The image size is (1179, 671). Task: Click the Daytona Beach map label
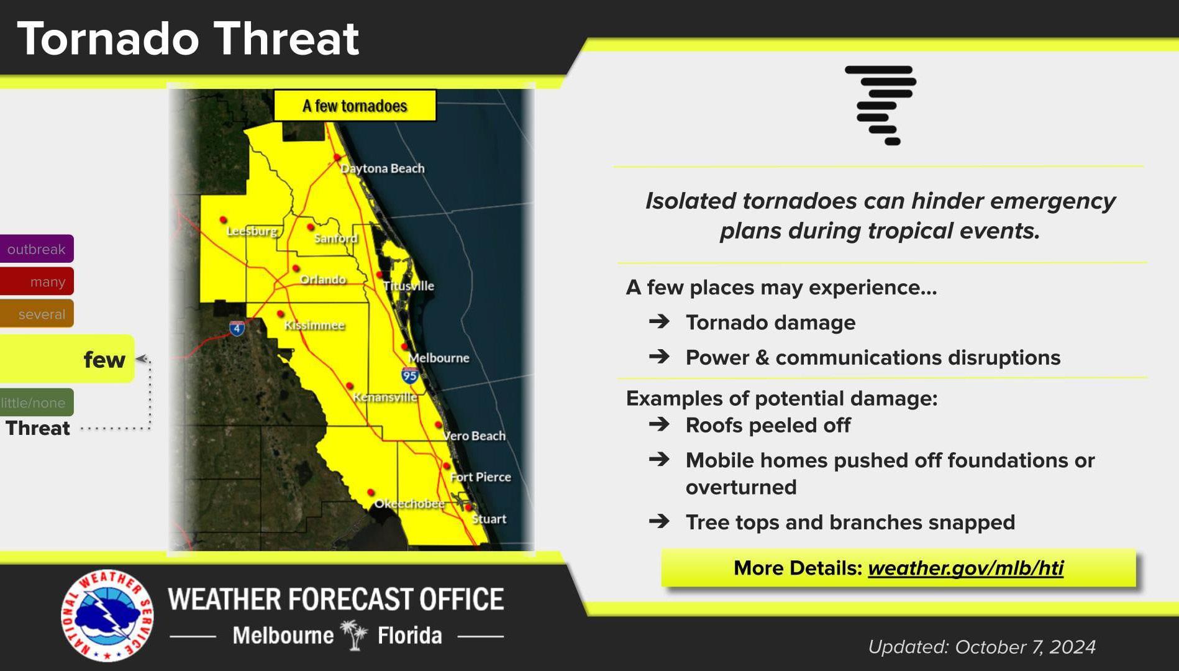[382, 168]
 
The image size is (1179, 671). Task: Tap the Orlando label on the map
[323, 280]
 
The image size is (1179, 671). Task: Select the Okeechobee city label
[409, 503]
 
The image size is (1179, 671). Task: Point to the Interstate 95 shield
[409, 375]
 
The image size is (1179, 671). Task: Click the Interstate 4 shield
[237, 327]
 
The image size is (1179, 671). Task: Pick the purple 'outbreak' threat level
[37, 249]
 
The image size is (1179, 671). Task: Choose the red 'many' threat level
[37, 281]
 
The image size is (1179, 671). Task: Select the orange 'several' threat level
[37, 314]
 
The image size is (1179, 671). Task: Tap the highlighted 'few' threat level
[67, 359]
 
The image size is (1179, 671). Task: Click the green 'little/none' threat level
[37, 403]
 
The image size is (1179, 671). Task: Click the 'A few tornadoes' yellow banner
[355, 106]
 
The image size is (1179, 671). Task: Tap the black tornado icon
[881, 105]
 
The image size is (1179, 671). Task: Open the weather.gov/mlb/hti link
[965, 568]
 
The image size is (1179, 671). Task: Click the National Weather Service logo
[107, 615]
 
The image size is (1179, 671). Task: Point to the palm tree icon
[355, 634]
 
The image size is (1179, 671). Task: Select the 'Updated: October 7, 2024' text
[981, 647]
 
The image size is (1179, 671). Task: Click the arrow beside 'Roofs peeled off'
[659, 424]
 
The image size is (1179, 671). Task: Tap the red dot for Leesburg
[223, 220]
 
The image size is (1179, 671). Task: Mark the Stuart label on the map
[489, 519]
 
